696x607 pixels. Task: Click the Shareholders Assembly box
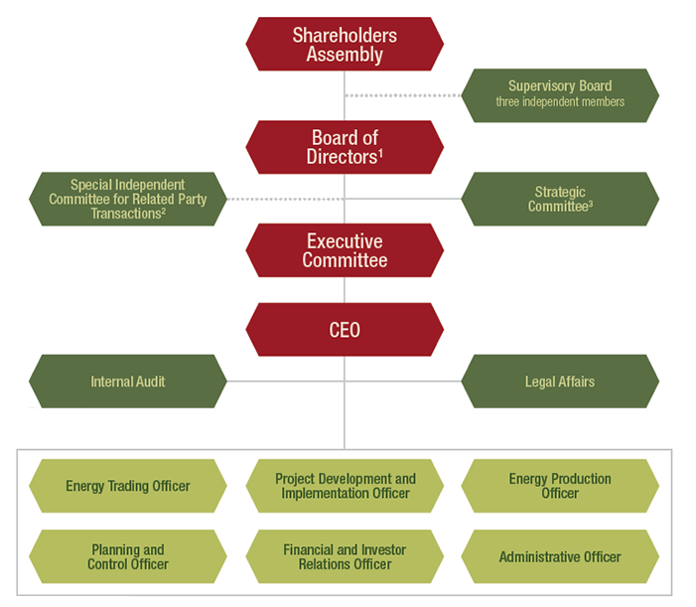[x=344, y=44]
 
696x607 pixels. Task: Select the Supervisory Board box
[x=560, y=94]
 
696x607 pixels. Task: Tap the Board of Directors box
[x=344, y=147]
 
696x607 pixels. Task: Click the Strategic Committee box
[x=560, y=199]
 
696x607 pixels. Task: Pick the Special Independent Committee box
[x=127, y=199]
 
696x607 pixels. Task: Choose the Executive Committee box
[x=344, y=250]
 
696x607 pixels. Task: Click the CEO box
[x=344, y=330]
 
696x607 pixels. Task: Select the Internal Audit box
[x=127, y=381]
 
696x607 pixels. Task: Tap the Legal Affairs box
[x=560, y=381]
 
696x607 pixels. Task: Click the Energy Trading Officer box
[x=127, y=486]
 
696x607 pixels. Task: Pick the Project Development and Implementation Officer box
[x=344, y=486]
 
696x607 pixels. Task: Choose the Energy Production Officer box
[x=560, y=486]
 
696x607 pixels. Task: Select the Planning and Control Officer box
[x=127, y=556]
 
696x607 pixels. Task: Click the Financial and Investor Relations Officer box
[x=344, y=556]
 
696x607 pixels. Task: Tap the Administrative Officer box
[x=560, y=556]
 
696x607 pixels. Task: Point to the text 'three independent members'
[x=560, y=102]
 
